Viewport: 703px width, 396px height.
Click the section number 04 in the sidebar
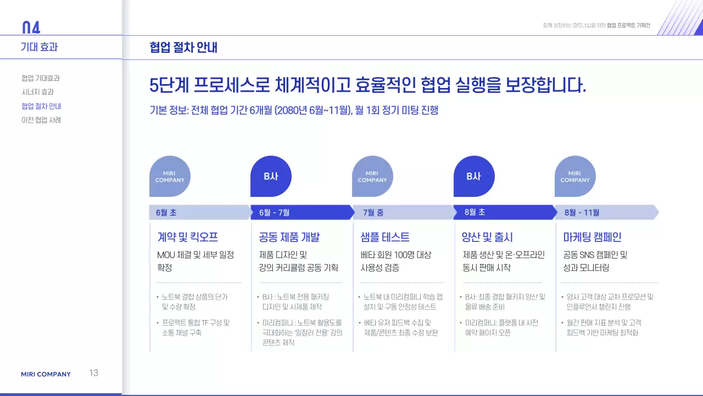[31, 28]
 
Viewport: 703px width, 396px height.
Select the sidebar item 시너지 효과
[37, 92]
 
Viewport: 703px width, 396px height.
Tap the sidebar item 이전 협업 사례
[41, 120]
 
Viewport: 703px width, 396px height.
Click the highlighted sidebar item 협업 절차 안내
[41, 106]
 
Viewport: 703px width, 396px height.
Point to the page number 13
[94, 373]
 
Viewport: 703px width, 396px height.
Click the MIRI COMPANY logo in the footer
[46, 374]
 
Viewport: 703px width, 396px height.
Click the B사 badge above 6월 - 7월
[271, 177]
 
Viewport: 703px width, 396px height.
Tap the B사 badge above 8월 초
[473, 177]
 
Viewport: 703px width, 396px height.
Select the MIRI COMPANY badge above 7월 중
[372, 177]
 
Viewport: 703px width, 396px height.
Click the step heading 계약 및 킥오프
[188, 237]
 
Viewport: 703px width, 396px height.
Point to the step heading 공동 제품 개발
[289, 237]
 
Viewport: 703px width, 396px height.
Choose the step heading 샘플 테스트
[385, 237]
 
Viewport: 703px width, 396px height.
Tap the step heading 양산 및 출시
[488, 237]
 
